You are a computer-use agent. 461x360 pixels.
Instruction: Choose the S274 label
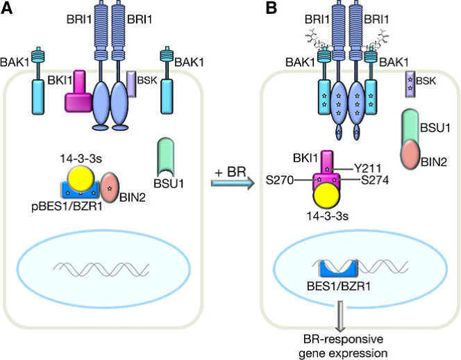point(375,180)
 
